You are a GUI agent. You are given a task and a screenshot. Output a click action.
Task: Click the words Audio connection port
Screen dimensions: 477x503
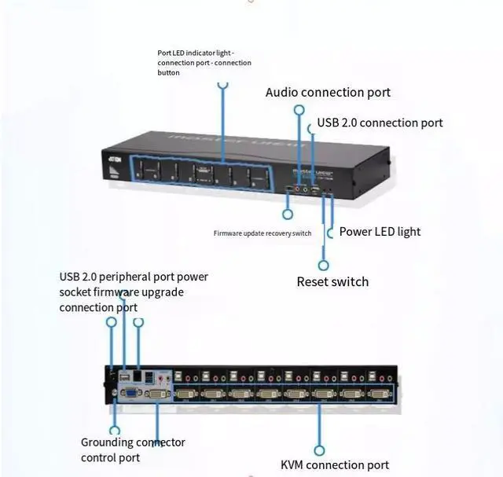(x=328, y=93)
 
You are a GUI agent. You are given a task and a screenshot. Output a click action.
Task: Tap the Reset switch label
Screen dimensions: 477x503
(x=332, y=281)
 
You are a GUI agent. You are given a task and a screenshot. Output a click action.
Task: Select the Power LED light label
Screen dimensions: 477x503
(x=380, y=232)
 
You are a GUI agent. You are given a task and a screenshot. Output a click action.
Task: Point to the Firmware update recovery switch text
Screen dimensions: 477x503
(x=263, y=233)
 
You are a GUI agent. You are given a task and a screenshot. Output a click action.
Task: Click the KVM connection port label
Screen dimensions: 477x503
(x=335, y=465)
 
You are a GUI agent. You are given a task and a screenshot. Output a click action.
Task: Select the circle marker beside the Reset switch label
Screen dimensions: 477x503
(x=323, y=265)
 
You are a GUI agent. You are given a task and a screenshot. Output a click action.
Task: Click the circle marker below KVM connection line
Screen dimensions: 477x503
(x=320, y=450)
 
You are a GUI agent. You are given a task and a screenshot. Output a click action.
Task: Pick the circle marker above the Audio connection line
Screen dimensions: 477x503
(x=299, y=112)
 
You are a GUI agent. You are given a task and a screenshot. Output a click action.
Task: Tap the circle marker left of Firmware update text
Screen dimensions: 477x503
(x=288, y=214)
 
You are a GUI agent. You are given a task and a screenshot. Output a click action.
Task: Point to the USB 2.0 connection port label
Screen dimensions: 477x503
(x=380, y=123)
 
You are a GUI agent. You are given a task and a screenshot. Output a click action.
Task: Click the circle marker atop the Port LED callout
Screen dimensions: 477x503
(x=223, y=84)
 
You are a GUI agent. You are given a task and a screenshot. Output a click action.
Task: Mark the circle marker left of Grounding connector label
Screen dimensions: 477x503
(x=115, y=431)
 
